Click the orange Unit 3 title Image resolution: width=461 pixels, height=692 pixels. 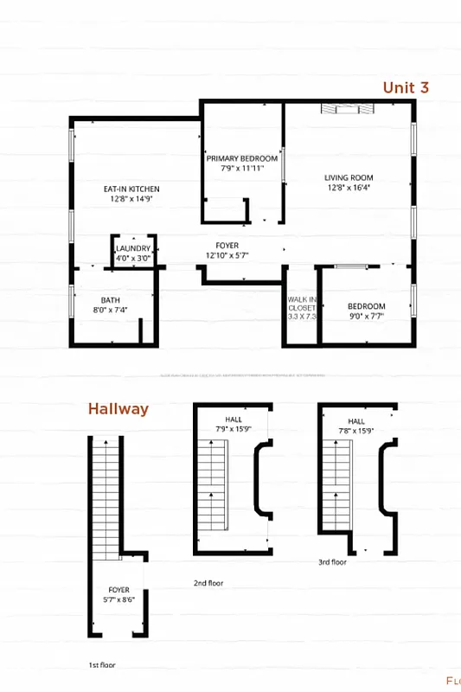coord(406,87)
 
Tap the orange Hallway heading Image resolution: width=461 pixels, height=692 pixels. coord(118,409)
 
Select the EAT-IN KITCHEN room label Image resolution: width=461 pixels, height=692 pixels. coord(131,189)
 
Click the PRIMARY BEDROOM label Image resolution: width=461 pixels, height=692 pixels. coord(242,159)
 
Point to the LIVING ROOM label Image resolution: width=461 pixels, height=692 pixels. coord(349,178)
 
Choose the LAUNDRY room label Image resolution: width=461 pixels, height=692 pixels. coord(133,248)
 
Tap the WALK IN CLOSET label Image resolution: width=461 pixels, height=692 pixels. coord(302,304)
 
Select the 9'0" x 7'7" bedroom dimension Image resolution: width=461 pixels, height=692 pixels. coord(366,317)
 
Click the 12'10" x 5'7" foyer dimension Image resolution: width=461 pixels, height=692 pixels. coord(227,256)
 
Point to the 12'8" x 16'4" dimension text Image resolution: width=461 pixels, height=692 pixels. coord(349,188)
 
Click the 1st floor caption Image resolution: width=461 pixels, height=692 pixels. coord(102,665)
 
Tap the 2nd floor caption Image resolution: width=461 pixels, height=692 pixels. coord(208,583)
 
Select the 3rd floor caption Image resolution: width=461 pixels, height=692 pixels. coord(332,561)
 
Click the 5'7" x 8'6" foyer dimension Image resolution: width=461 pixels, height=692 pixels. coord(119,599)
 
